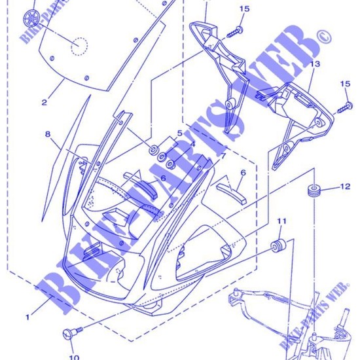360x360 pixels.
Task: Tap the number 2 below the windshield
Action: coord(45,103)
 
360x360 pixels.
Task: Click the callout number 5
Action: coord(179,134)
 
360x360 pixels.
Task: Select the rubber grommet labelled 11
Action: coord(280,247)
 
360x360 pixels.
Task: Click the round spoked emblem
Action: coord(30,16)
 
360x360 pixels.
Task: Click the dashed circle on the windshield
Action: coord(79,46)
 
